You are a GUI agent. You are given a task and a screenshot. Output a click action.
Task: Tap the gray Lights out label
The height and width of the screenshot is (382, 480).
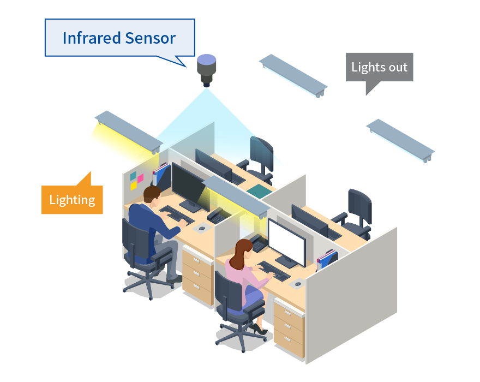[379, 67]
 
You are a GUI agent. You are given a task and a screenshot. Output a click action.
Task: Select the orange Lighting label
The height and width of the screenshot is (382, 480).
[72, 200]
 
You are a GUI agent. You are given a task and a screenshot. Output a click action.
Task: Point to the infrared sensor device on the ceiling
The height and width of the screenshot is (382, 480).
[207, 69]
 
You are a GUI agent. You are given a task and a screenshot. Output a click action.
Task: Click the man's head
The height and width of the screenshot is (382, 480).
[152, 195]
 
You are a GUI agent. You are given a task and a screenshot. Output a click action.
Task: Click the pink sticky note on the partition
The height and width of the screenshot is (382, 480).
[140, 178]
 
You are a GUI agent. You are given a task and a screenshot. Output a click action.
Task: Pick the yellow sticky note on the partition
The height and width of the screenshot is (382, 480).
[134, 186]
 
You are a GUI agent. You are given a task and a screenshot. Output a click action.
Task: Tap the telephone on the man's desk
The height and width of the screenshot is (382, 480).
[215, 216]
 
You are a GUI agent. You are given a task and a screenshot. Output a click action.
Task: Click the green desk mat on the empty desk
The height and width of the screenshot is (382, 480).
[259, 190]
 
